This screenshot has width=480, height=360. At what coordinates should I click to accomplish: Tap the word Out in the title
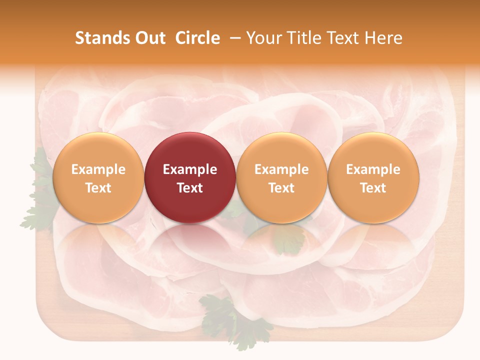coord(148,38)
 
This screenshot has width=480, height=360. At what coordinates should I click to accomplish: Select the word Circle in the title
coord(197,38)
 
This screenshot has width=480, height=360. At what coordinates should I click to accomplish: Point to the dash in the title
coord(234,38)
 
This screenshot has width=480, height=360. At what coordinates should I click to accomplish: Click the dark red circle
coord(190,177)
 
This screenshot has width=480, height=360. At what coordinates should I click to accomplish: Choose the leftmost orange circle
coord(98,177)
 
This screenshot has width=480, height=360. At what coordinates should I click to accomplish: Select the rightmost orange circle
coord(373,177)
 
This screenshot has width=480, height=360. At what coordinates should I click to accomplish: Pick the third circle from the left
coord(281,177)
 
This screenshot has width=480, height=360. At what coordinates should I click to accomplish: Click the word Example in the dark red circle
coord(190,169)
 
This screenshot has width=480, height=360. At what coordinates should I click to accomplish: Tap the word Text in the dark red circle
coord(190,188)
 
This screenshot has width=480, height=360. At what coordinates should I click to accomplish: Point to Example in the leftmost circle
coord(98,169)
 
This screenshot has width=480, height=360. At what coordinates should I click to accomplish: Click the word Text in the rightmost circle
coord(373,188)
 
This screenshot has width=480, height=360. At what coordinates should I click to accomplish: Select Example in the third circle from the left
coord(281,169)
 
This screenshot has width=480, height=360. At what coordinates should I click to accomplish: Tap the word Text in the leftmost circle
coord(98,188)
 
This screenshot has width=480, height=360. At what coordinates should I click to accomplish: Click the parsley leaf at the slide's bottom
coord(235,320)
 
